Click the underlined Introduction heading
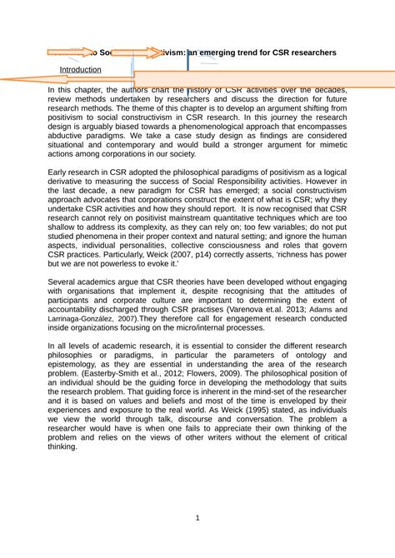[x=80, y=70]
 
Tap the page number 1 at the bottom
[x=197, y=518]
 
